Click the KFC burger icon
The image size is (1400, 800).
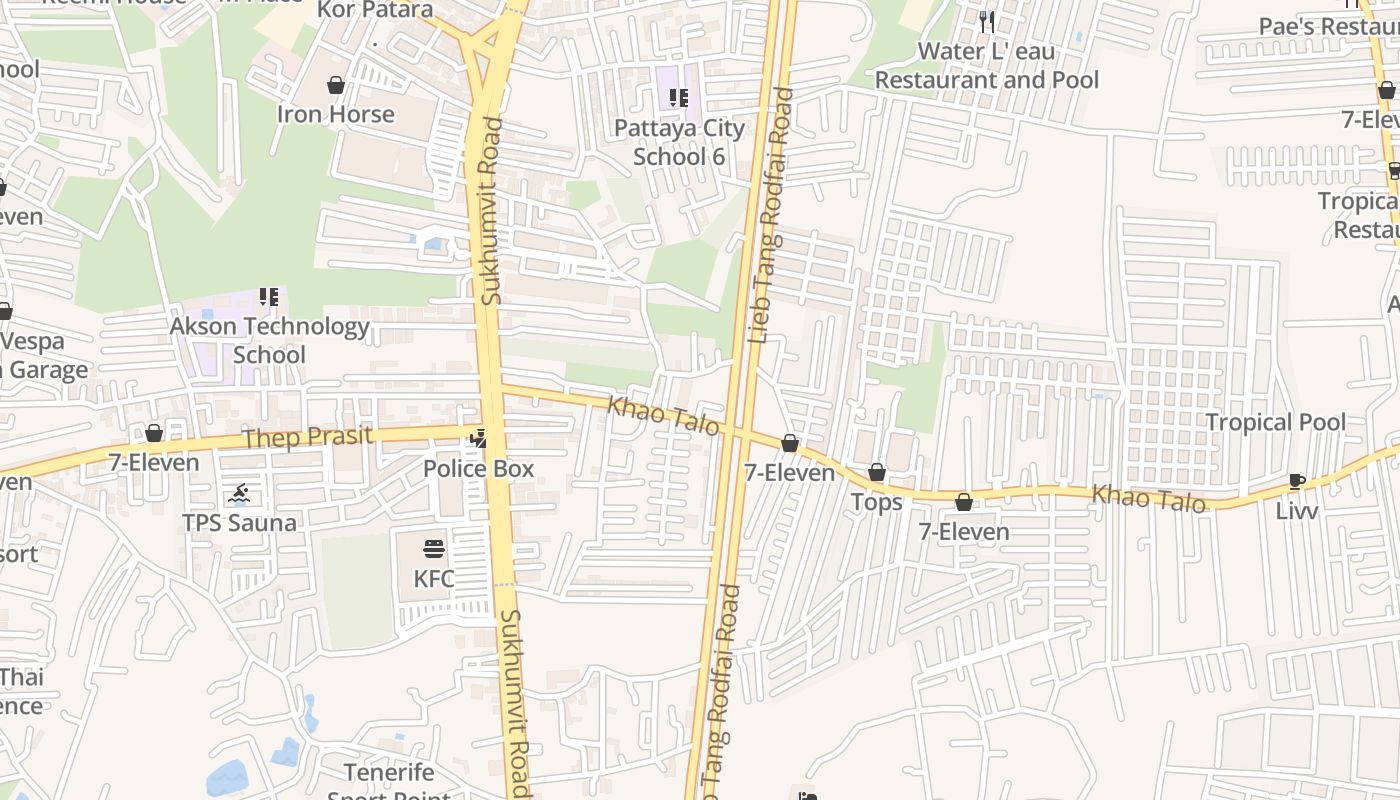(433, 549)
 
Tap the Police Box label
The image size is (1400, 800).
(478, 468)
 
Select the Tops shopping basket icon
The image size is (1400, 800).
(877, 472)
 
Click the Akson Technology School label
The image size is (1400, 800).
(269, 340)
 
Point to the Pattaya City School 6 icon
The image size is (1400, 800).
(679, 98)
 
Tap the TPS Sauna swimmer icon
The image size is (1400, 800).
(238, 494)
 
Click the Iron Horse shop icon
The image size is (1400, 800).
(336, 85)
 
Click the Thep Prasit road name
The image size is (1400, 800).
(308, 437)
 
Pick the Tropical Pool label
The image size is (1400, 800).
(1275, 422)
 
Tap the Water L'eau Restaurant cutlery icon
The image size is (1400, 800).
(987, 21)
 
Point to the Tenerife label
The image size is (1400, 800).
(389, 772)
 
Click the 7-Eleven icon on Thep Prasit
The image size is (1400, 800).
(154, 433)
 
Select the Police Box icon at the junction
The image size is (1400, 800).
(480, 437)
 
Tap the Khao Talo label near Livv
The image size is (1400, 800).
(1148, 497)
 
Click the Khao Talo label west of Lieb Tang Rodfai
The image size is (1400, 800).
(663, 414)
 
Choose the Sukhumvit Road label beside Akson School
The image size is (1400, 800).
(491, 211)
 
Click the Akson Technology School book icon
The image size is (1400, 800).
(268, 297)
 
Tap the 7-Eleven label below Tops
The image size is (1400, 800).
(964, 532)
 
